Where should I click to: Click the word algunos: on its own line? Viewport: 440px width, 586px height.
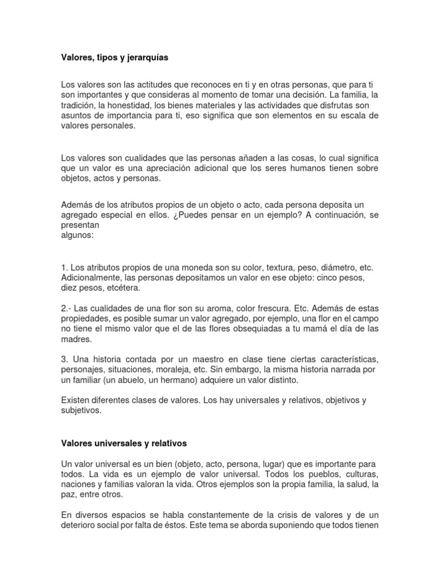77,235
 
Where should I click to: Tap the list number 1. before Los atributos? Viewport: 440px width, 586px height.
65,268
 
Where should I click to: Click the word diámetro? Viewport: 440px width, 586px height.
337,268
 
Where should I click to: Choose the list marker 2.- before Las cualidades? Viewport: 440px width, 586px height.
67,308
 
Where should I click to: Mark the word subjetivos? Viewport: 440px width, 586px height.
81,410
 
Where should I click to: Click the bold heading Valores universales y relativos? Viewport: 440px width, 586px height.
124,443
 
